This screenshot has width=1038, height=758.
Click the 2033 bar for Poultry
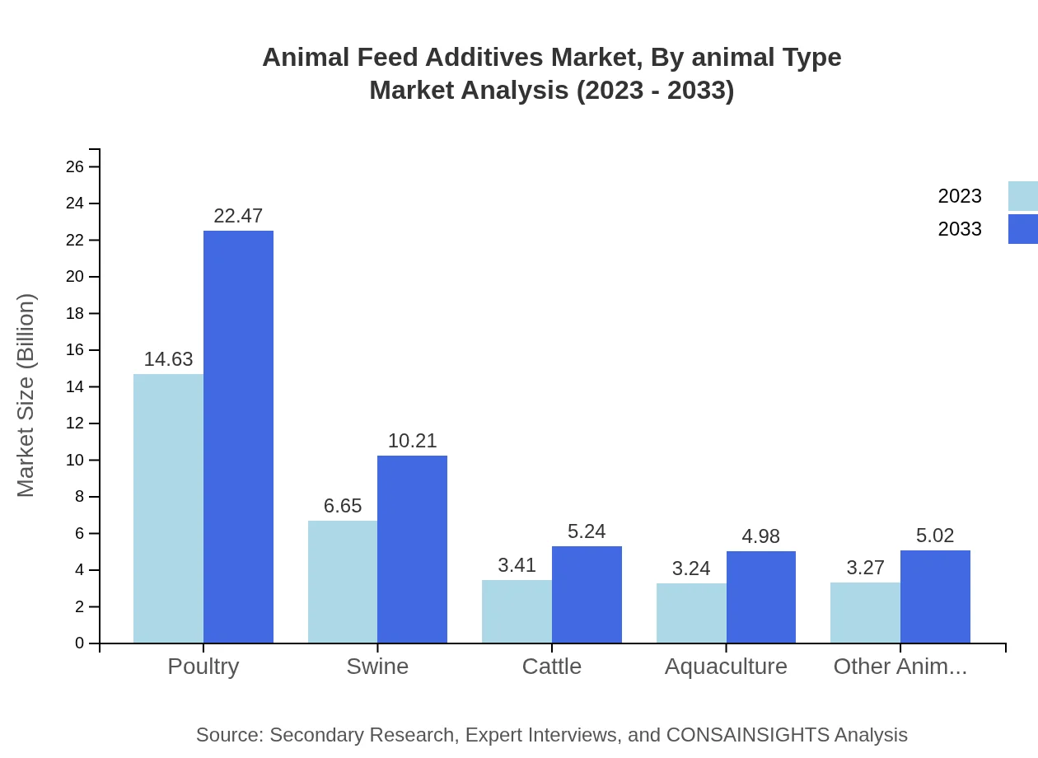coord(238,437)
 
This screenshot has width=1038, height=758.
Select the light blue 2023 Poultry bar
coord(168,508)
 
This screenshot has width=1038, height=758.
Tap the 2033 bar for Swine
coord(412,549)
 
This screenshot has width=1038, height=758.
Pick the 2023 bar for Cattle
coord(517,611)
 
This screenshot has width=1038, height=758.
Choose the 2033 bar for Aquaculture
coord(761,597)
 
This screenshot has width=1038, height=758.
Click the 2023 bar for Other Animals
coord(865,612)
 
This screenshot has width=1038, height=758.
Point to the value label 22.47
coord(238,216)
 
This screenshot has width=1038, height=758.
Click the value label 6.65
coord(343,506)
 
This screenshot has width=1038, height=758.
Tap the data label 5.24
coord(587,531)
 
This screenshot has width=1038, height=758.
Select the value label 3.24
coord(691,568)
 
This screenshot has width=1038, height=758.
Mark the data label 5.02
coord(935,536)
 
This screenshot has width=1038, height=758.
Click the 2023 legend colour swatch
coord(1022,196)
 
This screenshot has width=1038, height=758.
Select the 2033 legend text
coord(960,229)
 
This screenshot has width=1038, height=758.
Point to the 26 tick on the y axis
coord(75,167)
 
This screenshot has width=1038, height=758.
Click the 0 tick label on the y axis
coord(80,643)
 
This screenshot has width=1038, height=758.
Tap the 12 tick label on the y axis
coord(75,423)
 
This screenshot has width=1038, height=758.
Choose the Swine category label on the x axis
coord(377,667)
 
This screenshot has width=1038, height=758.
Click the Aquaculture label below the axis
coord(726,667)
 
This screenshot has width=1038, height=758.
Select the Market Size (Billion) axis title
coord(26,395)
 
